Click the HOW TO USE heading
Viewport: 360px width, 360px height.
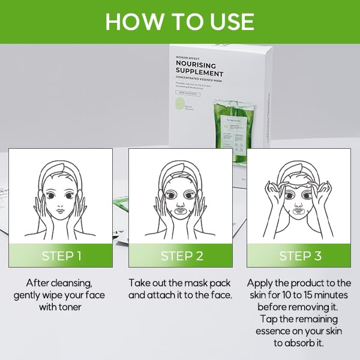(180, 22)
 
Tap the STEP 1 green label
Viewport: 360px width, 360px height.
(61, 256)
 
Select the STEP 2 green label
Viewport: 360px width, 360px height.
(181, 256)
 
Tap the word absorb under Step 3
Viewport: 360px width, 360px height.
(304, 343)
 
